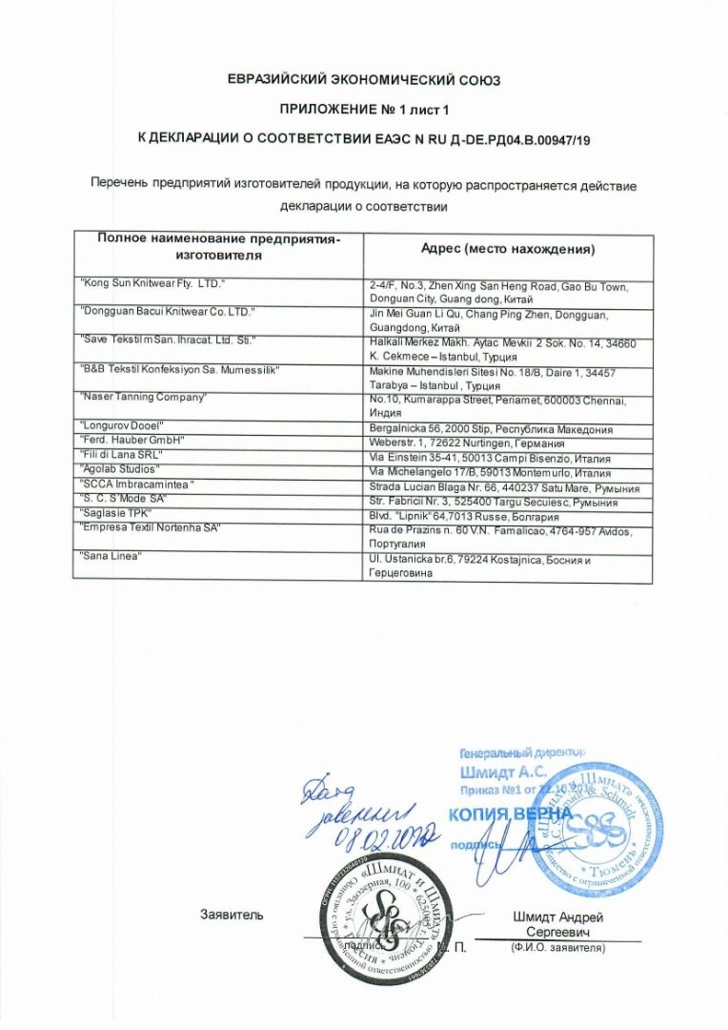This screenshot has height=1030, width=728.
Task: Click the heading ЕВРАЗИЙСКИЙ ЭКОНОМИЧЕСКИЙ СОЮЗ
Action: [364, 80]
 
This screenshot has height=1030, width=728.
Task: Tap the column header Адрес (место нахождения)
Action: [508, 250]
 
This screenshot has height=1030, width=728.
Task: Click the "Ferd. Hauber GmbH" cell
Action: [131, 440]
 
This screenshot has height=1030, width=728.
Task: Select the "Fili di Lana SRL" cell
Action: [123, 455]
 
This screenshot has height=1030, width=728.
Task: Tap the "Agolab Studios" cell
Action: [120, 469]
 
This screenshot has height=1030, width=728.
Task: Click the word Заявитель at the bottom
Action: [232, 916]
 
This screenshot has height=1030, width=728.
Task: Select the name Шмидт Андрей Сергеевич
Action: [557, 924]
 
